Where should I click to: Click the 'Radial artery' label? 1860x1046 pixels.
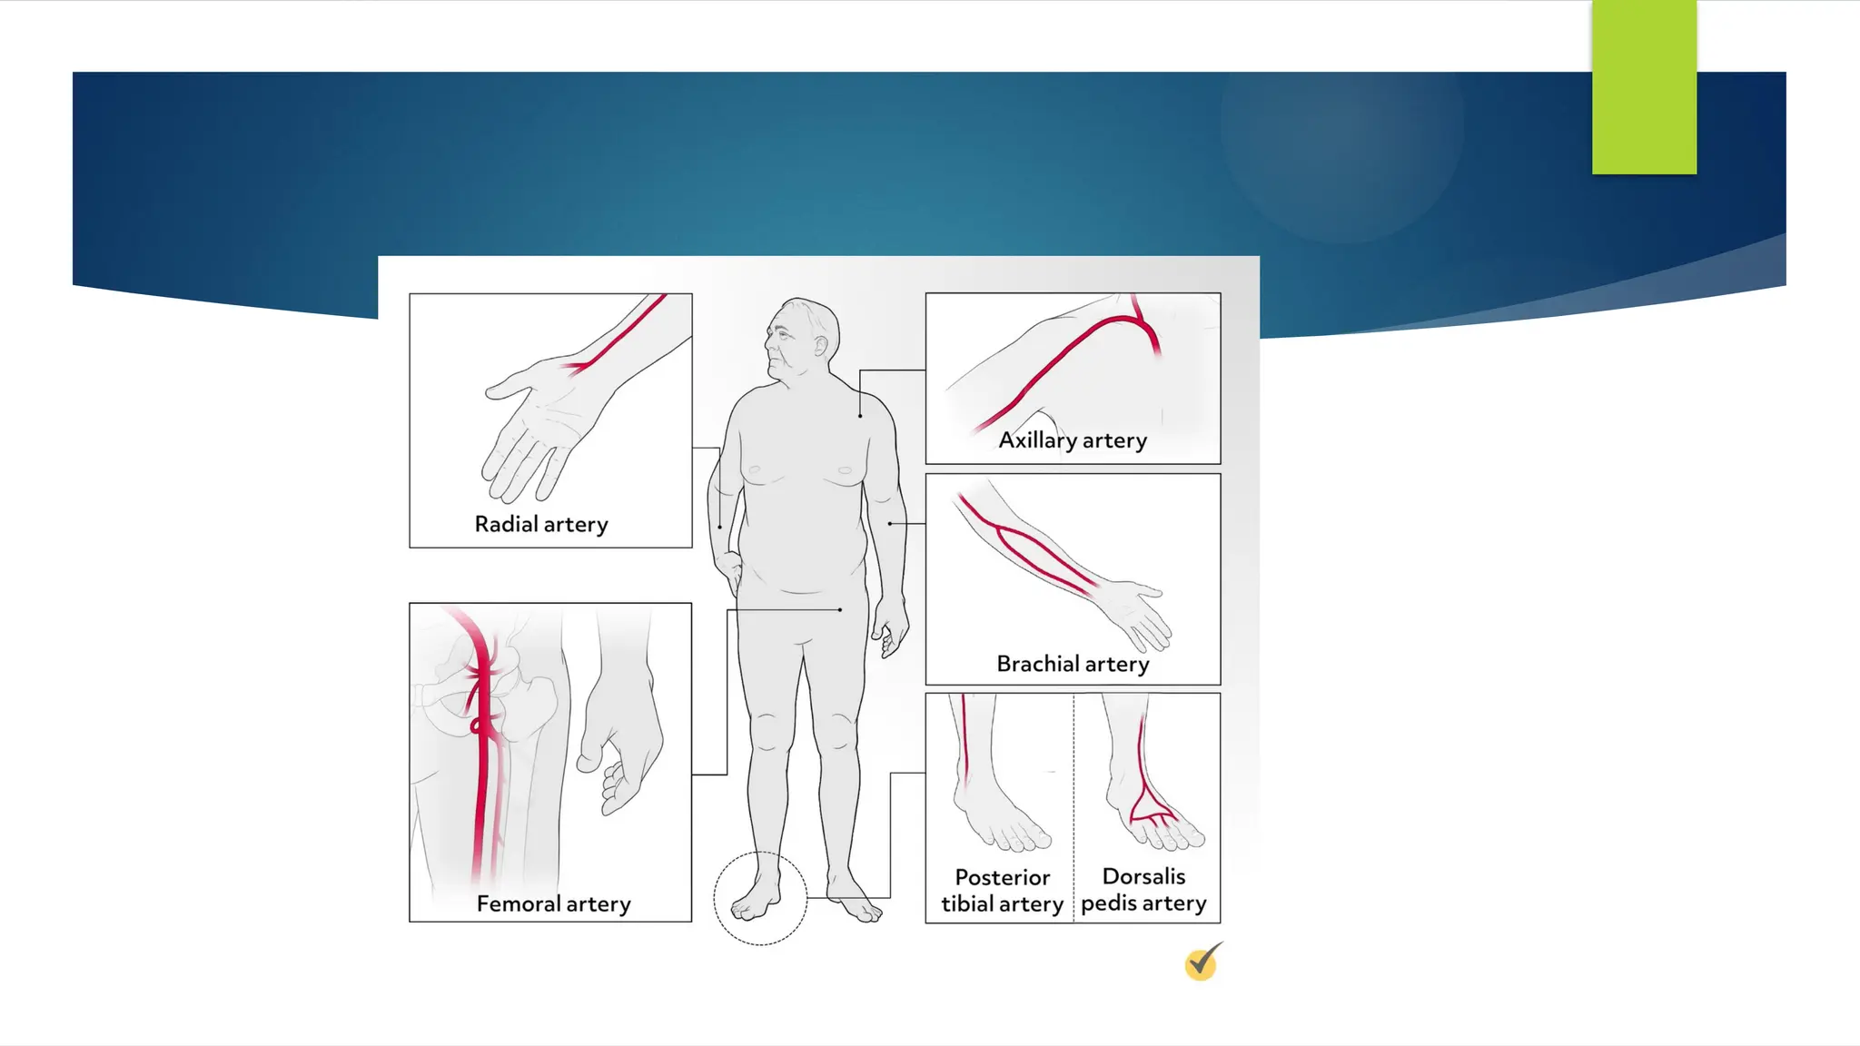(x=541, y=525)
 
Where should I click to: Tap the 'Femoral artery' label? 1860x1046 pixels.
(x=553, y=904)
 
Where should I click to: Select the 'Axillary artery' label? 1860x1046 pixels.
(x=1073, y=440)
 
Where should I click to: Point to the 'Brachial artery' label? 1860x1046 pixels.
(x=1073, y=665)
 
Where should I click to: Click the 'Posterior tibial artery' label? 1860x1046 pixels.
(x=1002, y=891)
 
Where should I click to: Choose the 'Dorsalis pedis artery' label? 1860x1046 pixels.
(x=1143, y=890)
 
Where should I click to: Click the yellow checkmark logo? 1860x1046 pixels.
(x=1202, y=962)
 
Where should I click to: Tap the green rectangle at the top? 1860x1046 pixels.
(x=1644, y=87)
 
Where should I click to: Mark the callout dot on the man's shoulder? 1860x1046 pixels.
(x=860, y=416)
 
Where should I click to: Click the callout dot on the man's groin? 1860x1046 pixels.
(x=840, y=610)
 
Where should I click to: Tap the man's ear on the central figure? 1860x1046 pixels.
(x=821, y=346)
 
